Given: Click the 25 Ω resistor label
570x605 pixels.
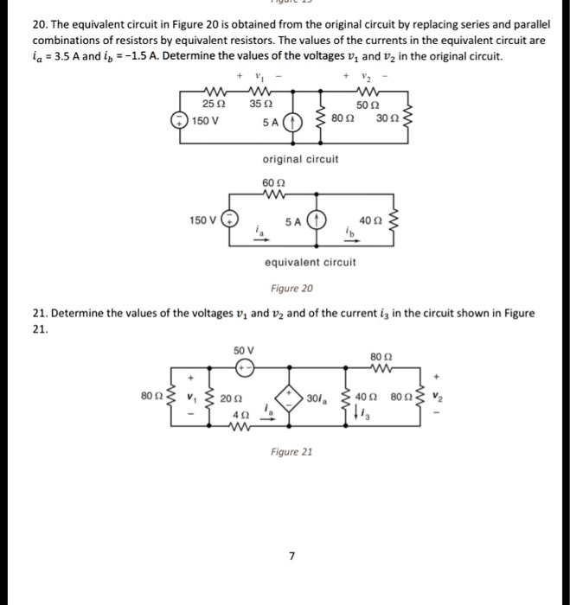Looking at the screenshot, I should coord(209,105).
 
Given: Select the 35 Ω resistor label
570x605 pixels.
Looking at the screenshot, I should coord(256,105).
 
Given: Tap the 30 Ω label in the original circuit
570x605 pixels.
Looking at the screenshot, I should coord(387,118).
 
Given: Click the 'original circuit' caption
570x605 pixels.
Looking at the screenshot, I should coord(300,159).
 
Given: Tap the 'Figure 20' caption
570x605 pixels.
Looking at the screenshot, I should coord(291,288).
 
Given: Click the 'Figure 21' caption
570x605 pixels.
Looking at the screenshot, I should coord(291,451).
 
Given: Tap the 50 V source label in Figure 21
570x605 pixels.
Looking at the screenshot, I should coord(244,350).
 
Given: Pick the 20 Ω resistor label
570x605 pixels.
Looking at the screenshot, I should coord(227,398).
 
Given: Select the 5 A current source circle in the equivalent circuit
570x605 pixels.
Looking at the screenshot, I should coord(317,220).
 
